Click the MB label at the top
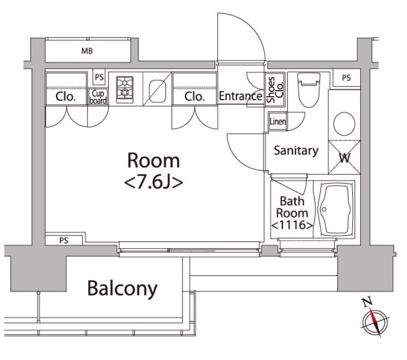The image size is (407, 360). pos(87,51)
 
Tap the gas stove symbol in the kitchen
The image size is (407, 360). pos(125,89)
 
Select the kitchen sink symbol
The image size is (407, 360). pos(158,91)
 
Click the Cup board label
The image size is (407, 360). pos(98,97)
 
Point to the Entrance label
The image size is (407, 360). pos(240,96)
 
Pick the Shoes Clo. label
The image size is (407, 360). pos(275,89)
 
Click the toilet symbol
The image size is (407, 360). pos(308,90)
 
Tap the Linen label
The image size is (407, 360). pos(278,121)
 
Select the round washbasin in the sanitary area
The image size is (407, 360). pos(344,123)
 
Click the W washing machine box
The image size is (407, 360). pos(344,157)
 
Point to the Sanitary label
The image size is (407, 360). pos(296,150)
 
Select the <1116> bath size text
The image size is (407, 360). pos(292,225)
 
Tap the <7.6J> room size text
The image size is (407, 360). pos(154,182)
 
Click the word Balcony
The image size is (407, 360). pos(122,288)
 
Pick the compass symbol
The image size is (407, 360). pos(375,321)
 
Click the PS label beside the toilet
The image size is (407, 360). pos(346,78)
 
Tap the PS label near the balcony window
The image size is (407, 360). pos(64,240)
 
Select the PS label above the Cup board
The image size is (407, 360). pos(99,77)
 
